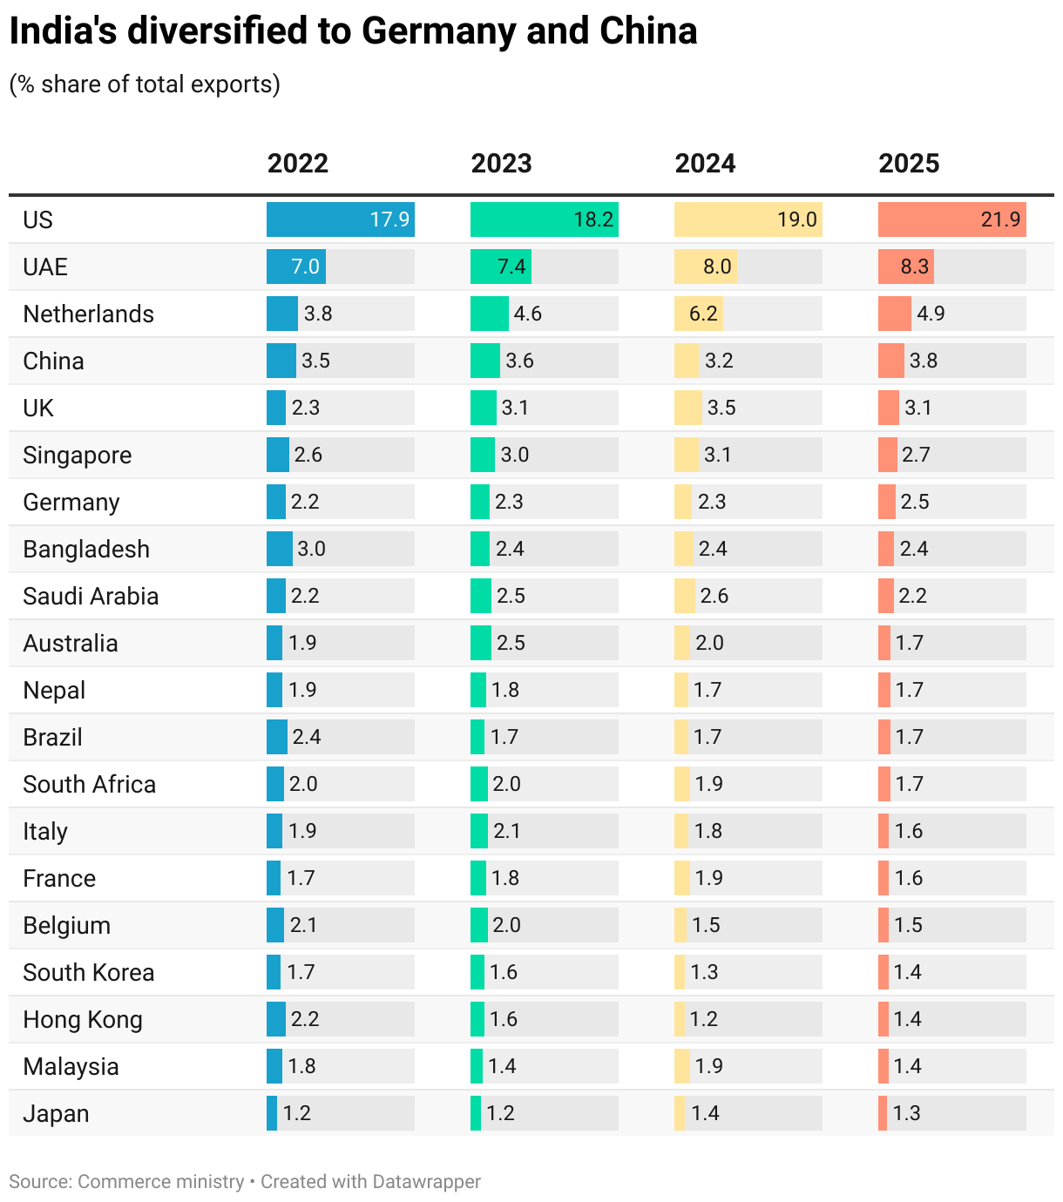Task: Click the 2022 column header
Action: (x=297, y=164)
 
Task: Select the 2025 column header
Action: (x=909, y=164)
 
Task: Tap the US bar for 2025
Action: (x=951, y=219)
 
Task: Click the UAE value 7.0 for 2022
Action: (x=305, y=267)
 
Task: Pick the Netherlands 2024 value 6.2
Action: (x=703, y=314)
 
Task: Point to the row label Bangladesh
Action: (x=86, y=549)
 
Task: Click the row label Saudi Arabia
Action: (x=91, y=596)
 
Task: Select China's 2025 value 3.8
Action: (x=924, y=361)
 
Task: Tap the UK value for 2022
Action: (x=306, y=408)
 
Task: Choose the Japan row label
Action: (x=56, y=1113)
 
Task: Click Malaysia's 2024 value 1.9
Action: (x=708, y=1066)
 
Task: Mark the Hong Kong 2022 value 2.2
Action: (x=305, y=1019)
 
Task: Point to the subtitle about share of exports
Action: (x=145, y=84)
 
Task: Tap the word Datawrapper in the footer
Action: (x=426, y=1181)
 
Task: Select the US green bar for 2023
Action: (x=544, y=219)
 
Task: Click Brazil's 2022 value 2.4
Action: (x=307, y=737)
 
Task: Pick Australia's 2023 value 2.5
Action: (x=511, y=643)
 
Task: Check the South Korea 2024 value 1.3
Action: (x=704, y=972)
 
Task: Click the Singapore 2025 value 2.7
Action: (x=916, y=455)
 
